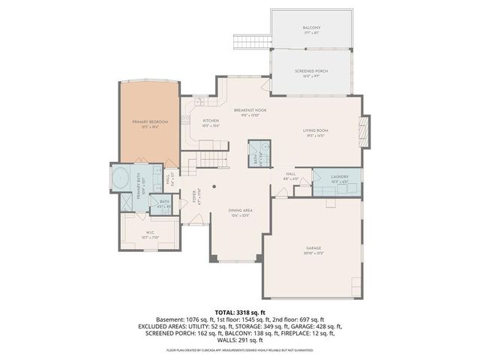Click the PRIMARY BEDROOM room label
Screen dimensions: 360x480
(150, 121)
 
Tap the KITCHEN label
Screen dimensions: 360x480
(211, 120)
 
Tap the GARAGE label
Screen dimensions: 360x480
(313, 248)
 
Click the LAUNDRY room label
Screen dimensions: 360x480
(340, 177)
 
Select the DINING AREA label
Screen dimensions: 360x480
(240, 211)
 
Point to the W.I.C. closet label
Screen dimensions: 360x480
(150, 232)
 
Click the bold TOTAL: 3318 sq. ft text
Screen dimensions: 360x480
(240, 311)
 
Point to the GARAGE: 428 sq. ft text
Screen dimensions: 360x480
(317, 326)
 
